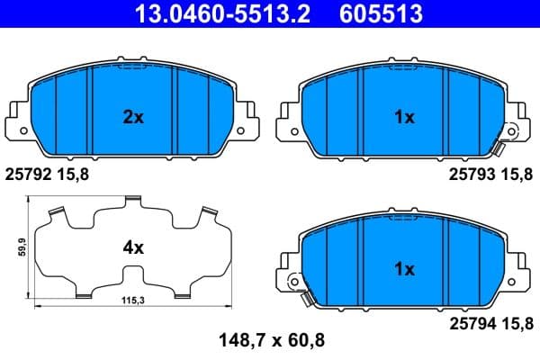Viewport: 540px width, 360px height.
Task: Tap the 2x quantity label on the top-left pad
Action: click(x=133, y=116)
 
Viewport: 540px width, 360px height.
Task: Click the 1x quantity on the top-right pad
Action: click(x=404, y=116)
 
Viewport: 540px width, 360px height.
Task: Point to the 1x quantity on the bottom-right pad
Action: click(x=404, y=268)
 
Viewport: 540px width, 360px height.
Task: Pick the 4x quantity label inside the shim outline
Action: click(x=133, y=247)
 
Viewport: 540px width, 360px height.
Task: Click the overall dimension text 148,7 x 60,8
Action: click(x=268, y=339)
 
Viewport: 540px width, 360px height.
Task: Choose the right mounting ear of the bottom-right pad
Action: click(x=517, y=270)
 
